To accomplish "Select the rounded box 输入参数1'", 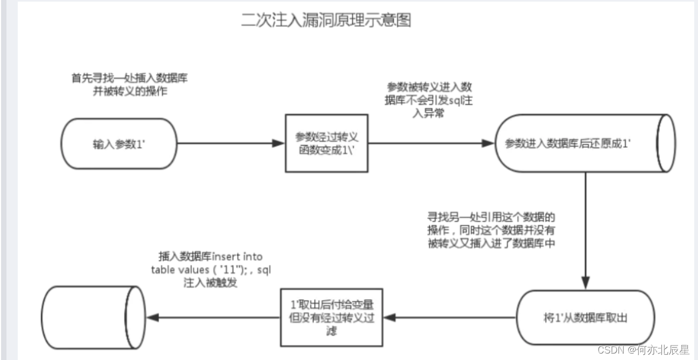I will [x=119, y=144].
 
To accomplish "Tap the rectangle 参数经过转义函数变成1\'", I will [x=326, y=143].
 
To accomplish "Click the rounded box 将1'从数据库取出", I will [x=585, y=318].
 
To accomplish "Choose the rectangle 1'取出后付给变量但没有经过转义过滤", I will [x=333, y=318].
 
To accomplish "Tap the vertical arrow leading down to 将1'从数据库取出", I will [x=585, y=231].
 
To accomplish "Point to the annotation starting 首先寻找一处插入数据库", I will [x=129, y=84].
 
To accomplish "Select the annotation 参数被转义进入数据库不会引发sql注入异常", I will [x=430, y=100].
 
